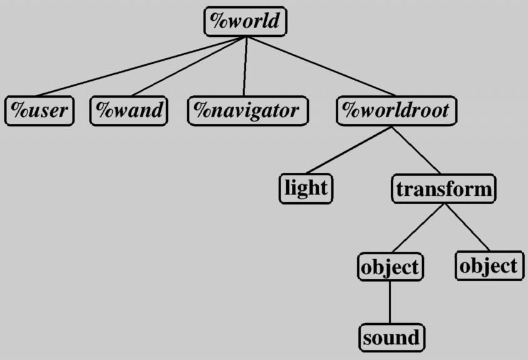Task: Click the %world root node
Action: (x=246, y=22)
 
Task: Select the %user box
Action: (x=39, y=111)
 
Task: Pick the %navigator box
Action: (x=248, y=111)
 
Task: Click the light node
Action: (x=306, y=188)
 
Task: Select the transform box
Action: (x=444, y=188)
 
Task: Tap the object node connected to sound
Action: (x=389, y=267)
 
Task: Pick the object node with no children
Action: (x=489, y=266)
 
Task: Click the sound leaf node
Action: (x=391, y=338)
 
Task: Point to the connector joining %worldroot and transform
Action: (x=417, y=150)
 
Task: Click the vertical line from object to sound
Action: (x=390, y=302)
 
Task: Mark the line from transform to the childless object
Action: (x=467, y=227)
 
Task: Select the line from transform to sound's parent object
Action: (x=419, y=228)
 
